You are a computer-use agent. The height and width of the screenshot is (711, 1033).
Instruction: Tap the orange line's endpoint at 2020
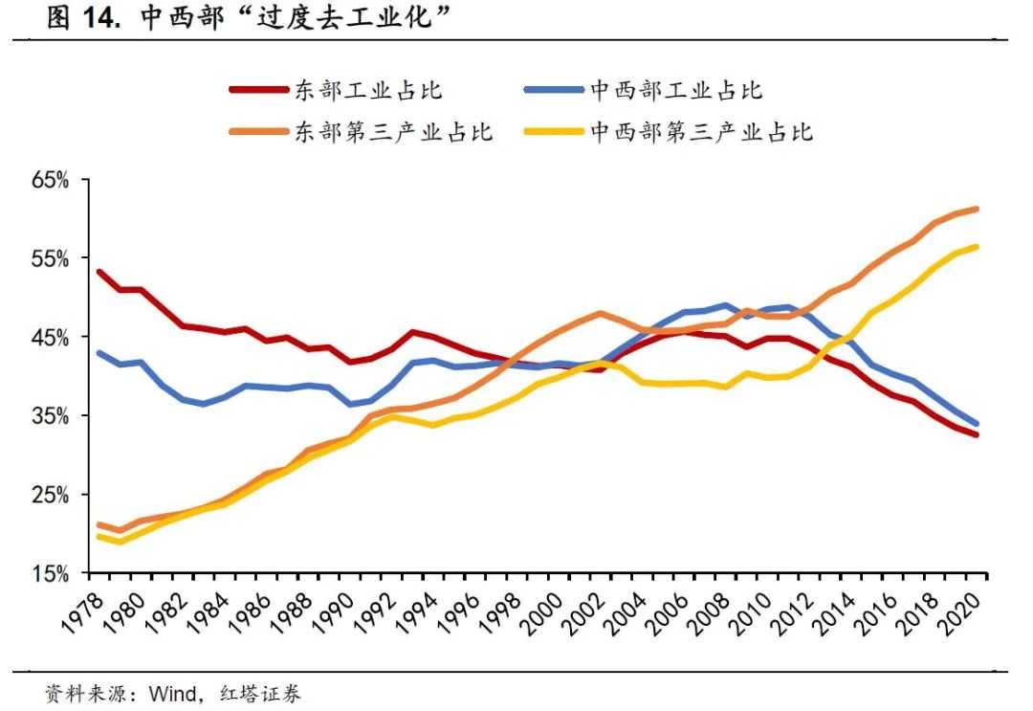[977, 209]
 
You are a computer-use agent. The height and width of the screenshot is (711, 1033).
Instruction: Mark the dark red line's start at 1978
[99, 272]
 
